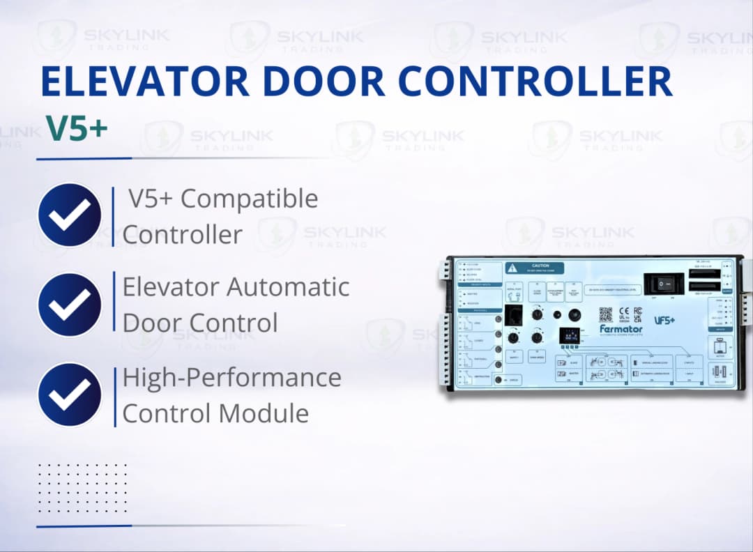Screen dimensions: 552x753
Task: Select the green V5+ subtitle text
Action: click(x=77, y=128)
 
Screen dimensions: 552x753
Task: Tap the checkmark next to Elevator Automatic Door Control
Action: click(x=70, y=305)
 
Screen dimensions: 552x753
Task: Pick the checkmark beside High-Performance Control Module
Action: click(x=70, y=394)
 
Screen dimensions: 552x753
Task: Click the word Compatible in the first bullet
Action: click(x=250, y=199)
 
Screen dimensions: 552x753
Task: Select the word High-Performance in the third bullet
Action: click(x=232, y=378)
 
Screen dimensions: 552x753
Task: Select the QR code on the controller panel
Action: click(x=605, y=314)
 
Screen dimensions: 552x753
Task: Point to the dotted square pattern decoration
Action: click(x=82, y=487)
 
